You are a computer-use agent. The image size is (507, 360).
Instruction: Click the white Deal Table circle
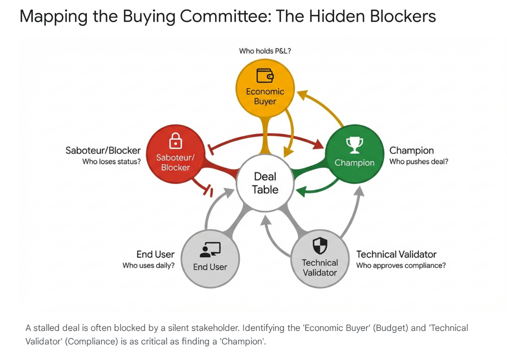[x=265, y=183]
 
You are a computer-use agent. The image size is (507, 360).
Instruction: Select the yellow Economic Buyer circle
[x=265, y=88]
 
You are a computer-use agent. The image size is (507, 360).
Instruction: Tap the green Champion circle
[x=354, y=153]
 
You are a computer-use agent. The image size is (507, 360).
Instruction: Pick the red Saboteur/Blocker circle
[x=175, y=154]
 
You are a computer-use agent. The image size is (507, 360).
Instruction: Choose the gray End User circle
[x=210, y=258]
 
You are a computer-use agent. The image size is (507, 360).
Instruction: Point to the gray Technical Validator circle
[x=320, y=258]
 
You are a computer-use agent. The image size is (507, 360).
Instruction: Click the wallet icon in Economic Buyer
[x=265, y=75]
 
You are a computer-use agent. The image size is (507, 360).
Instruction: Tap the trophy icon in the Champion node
[x=355, y=144]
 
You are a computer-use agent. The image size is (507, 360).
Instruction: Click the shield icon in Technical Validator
[x=320, y=246]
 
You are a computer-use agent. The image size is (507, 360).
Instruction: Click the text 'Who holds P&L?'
[x=265, y=51]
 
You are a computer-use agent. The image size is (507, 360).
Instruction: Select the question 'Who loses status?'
[x=111, y=162]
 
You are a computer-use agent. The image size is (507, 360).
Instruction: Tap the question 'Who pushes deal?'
[x=418, y=162]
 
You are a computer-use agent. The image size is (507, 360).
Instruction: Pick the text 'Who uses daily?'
[x=148, y=266]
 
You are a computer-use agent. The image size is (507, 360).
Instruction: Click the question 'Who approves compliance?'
[x=401, y=266]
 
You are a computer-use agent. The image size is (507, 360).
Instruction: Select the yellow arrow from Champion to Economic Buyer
[x=324, y=107]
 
